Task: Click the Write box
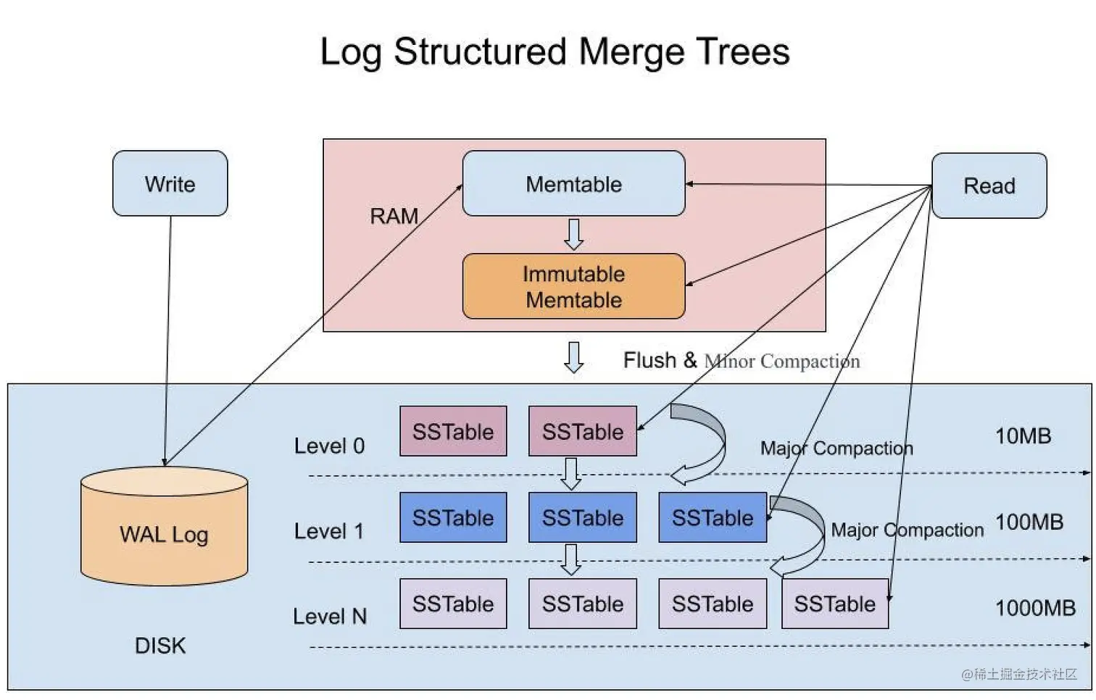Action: coord(170,183)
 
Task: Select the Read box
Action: coord(989,186)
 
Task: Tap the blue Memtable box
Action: coord(573,183)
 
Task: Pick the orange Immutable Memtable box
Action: coord(573,286)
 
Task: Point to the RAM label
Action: coord(394,216)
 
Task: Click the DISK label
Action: coord(160,645)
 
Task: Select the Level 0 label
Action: coord(329,446)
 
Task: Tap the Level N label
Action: coord(330,616)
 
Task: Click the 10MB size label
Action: coord(1023,436)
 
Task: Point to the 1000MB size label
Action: coord(1034,607)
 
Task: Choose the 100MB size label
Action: coord(1029,522)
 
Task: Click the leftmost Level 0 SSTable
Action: coord(453,431)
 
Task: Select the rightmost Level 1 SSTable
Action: coord(712,517)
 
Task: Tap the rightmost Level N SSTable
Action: coord(834,604)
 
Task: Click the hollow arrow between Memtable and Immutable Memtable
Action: coord(573,234)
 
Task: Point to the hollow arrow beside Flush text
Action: coord(573,357)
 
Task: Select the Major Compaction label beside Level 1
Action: coord(907,530)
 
